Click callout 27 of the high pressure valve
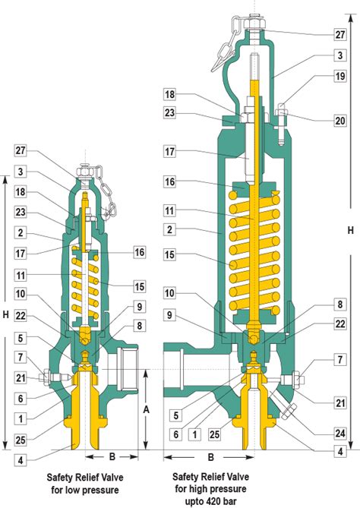[x=339, y=33]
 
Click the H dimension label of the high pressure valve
[x=350, y=229]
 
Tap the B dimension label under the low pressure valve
[x=111, y=458]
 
